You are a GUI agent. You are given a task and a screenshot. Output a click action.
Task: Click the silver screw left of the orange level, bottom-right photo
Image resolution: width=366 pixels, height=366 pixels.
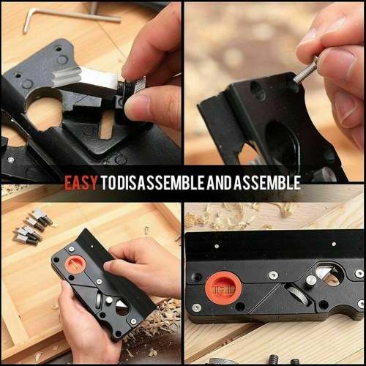[197, 277]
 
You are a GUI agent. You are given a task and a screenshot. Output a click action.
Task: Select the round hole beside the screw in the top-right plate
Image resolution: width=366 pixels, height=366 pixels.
[257, 90]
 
